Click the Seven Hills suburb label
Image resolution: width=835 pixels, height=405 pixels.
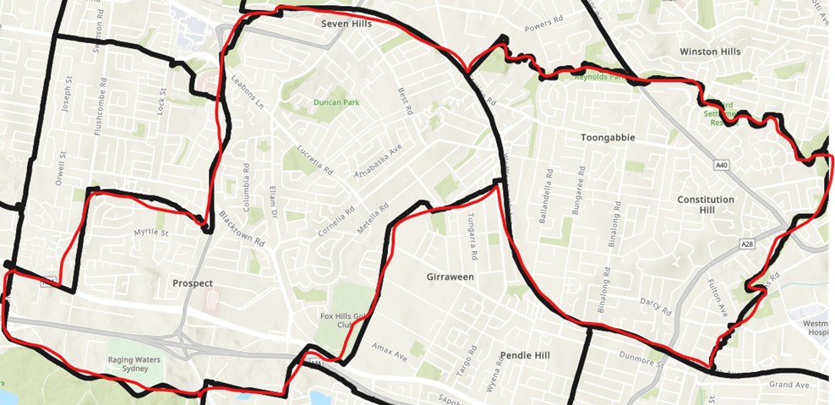[347, 24]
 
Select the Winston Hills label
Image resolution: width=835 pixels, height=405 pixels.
[710, 52]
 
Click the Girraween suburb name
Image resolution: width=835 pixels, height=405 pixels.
[450, 276]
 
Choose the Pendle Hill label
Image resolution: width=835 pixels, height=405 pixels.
[525, 355]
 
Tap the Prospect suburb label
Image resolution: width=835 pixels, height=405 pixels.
[192, 283]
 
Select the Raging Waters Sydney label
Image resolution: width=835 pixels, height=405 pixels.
[134, 364]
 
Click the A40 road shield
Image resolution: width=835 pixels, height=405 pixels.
[721, 166]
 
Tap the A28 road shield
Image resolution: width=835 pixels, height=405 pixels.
[746, 244]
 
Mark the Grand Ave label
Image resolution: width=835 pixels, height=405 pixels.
[789, 385]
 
